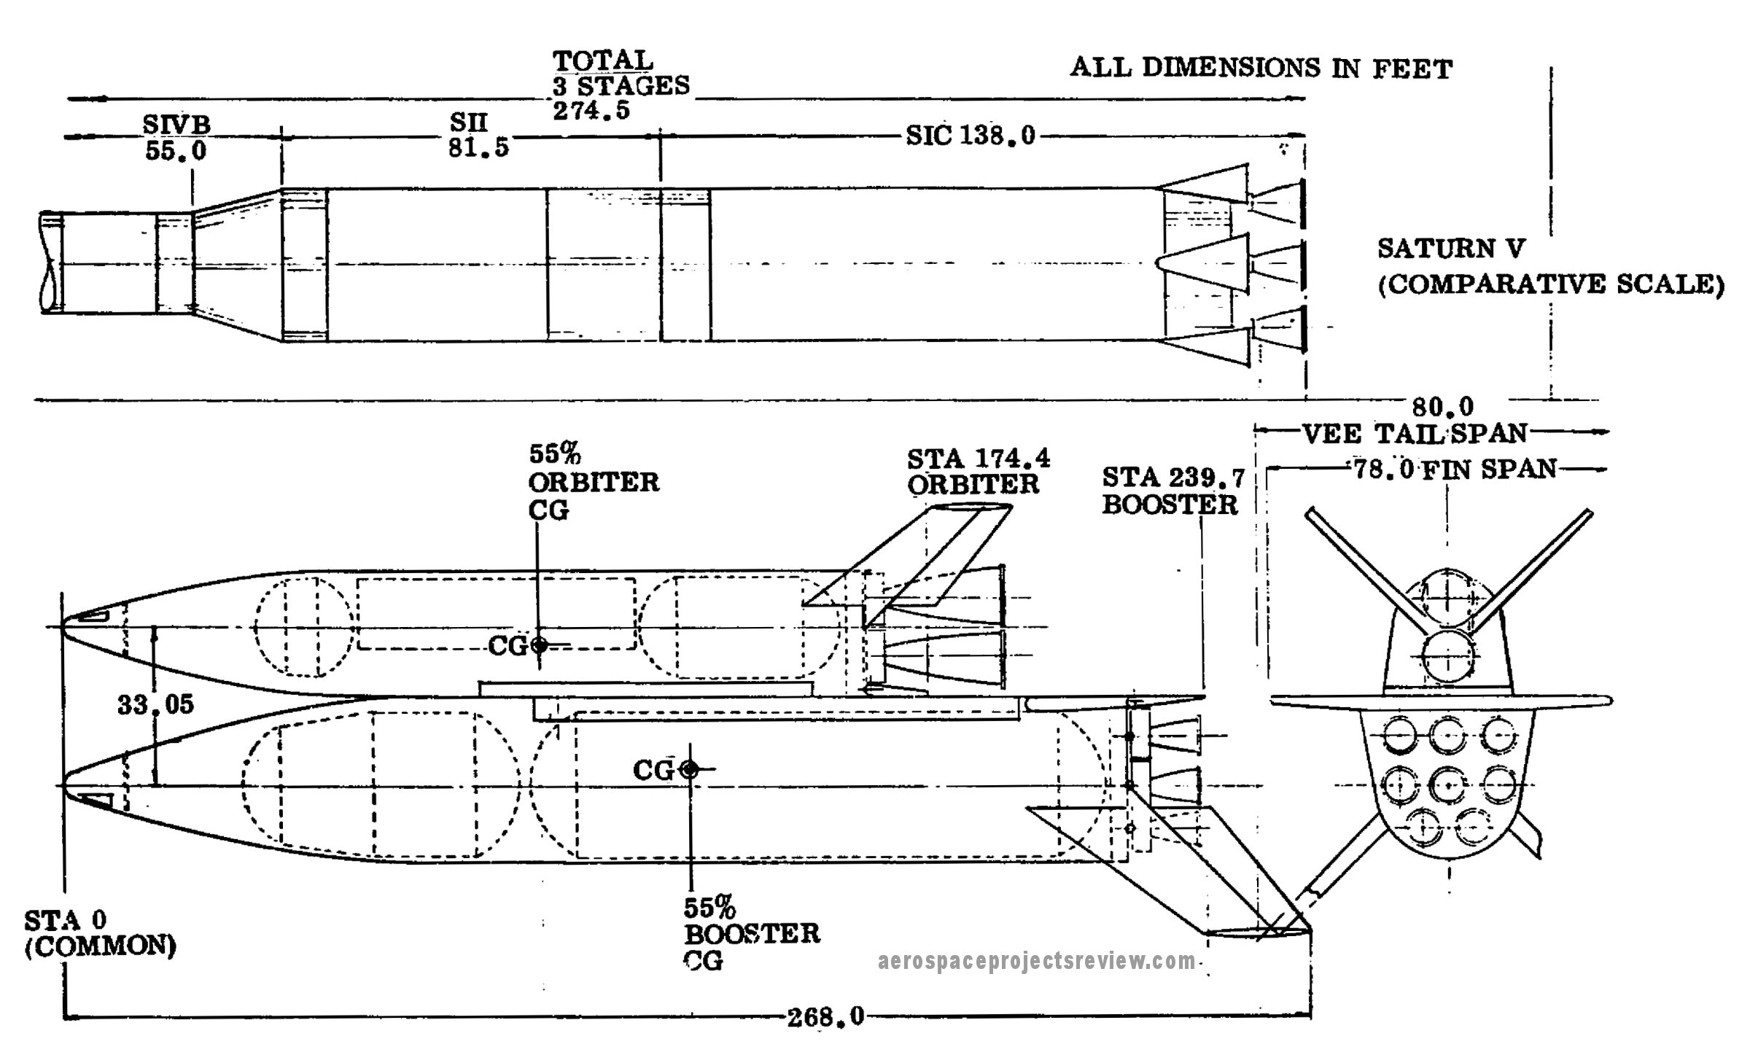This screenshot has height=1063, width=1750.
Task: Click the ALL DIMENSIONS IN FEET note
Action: click(1261, 68)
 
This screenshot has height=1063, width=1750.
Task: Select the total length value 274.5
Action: click(591, 111)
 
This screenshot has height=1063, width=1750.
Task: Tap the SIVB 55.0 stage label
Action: click(176, 138)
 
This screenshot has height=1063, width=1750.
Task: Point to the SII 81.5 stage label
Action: click(478, 135)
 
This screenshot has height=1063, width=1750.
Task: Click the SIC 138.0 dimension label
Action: click(971, 136)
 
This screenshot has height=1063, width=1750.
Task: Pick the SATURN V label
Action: click(1451, 249)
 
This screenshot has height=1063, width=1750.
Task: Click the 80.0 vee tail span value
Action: click(1433, 406)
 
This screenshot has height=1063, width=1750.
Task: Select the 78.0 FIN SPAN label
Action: click(1455, 469)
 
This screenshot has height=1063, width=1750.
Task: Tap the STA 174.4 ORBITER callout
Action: click(978, 471)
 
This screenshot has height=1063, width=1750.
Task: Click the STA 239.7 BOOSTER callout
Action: click(1172, 491)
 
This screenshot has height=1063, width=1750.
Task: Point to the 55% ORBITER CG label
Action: click(593, 481)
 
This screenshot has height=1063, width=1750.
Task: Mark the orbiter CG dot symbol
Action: click(539, 645)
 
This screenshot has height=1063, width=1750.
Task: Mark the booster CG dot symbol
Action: click(688, 769)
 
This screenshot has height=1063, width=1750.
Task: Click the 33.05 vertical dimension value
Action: click(155, 704)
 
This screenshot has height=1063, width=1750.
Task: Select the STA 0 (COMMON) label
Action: click(100, 933)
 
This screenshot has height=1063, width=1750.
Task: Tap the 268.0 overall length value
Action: click(825, 1016)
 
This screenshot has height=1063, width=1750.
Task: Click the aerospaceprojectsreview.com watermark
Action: click(1037, 962)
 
